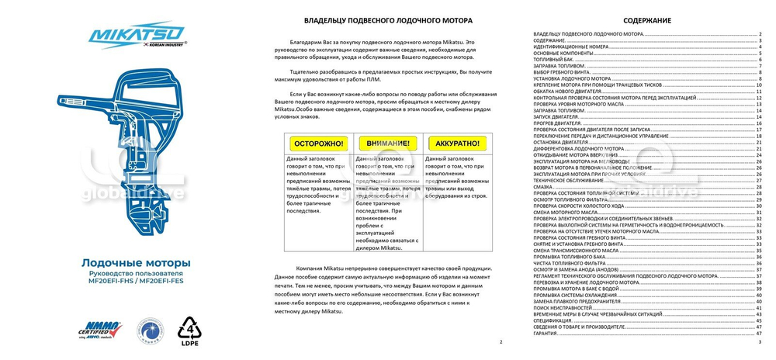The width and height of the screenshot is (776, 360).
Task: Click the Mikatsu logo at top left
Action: click(137, 34)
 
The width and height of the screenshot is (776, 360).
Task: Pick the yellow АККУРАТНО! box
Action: click(457, 144)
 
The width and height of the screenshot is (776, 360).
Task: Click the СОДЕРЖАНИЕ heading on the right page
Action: click(646, 20)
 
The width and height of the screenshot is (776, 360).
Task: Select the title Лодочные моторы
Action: click(136, 263)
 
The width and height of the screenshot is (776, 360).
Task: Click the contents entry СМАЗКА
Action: click(544, 187)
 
